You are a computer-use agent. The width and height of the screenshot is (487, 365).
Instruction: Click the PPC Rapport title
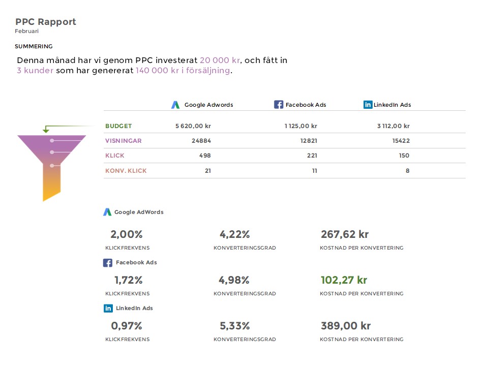46,22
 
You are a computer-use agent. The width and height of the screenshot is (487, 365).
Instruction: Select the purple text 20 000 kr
220,60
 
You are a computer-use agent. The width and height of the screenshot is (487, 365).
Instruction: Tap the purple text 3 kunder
35,71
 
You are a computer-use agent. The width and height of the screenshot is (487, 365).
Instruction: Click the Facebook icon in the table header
279,105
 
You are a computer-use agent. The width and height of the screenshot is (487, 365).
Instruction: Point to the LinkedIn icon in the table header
368,105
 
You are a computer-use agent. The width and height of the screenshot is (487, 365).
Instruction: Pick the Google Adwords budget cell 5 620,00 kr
193,126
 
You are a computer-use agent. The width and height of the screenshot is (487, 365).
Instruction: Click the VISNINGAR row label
124,141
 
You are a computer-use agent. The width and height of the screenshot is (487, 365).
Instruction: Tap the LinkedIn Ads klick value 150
404,156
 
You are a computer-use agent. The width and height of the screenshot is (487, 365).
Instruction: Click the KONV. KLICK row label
126,171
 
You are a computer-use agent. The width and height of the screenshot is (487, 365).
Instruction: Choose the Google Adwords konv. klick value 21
207,171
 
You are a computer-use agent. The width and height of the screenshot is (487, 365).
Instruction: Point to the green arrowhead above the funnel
46,131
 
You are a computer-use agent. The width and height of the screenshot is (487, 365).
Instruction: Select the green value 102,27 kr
344,280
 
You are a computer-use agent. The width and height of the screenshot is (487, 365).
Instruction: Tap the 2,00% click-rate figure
127,234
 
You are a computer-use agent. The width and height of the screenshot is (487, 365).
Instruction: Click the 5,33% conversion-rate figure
234,326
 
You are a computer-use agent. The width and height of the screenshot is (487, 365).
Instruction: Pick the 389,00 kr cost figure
346,326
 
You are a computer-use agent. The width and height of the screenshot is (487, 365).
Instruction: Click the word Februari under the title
27,32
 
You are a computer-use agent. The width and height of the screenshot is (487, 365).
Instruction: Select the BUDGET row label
118,126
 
